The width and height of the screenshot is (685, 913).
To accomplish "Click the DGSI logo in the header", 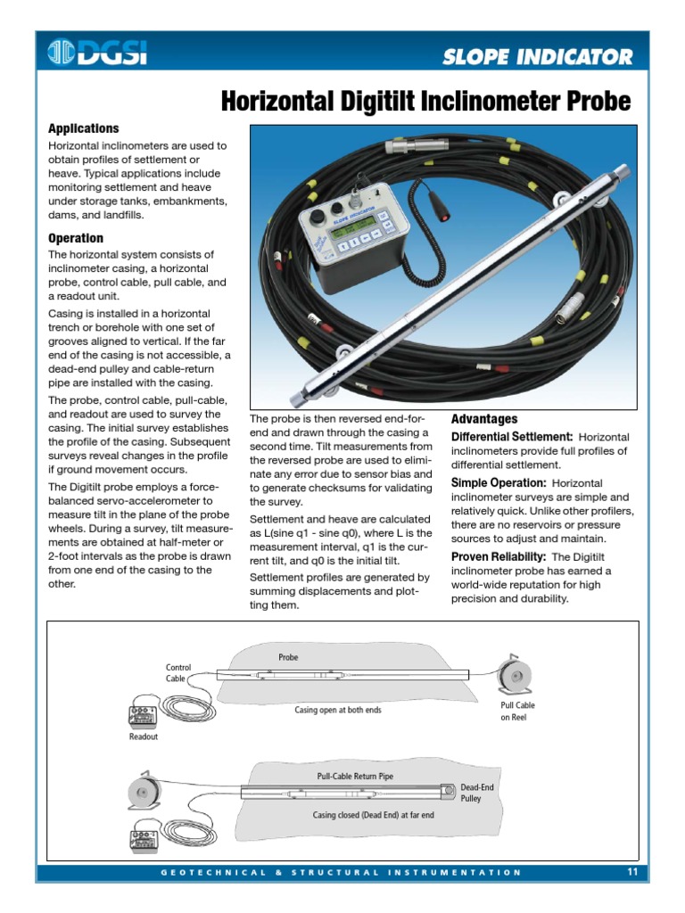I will [x=98, y=53].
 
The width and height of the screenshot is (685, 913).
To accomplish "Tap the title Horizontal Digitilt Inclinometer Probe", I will [x=425, y=103].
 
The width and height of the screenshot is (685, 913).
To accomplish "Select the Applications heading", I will [x=83, y=128].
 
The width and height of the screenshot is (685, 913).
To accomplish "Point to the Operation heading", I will [x=75, y=238].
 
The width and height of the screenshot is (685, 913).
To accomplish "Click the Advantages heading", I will [x=483, y=419].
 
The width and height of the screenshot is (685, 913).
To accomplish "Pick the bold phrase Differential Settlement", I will [x=511, y=437].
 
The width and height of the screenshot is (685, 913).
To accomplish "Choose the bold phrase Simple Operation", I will [x=499, y=482].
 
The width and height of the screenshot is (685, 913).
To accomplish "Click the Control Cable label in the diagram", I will [x=178, y=672].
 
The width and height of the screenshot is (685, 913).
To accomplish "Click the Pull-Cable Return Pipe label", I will [x=355, y=777].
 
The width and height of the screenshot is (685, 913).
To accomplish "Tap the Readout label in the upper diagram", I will [x=143, y=736].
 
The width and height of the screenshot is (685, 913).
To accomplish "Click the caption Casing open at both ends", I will [x=338, y=711].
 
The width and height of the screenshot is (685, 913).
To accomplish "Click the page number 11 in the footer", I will [x=631, y=871].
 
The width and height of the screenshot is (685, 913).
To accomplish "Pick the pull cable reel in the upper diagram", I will [x=515, y=676].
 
